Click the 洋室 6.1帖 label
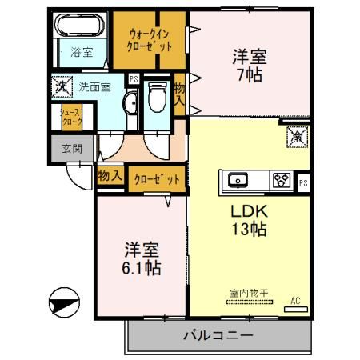coord(142,258)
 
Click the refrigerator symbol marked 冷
coord(294,137)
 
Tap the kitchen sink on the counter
coord(240,180)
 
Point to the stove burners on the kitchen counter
coord(281,180)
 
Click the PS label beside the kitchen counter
coord(303,183)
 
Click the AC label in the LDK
coord(294,301)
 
